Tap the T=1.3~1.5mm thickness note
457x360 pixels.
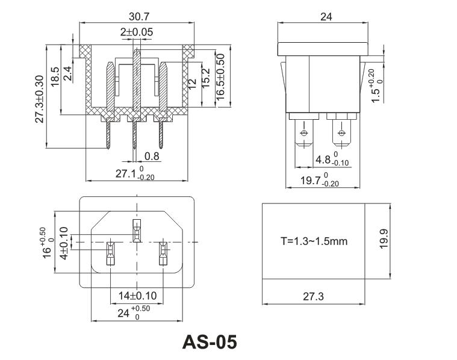click(x=314, y=241)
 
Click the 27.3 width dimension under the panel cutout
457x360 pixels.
click(x=313, y=297)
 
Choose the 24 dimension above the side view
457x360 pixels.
click(x=325, y=17)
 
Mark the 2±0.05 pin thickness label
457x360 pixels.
click(x=136, y=31)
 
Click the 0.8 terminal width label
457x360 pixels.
click(x=152, y=157)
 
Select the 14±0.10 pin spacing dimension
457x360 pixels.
click(x=138, y=296)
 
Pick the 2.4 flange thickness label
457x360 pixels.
click(x=67, y=73)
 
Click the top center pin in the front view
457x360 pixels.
click(x=137, y=230)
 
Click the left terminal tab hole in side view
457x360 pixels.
click(x=302, y=133)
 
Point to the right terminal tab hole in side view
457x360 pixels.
click(x=342, y=133)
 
